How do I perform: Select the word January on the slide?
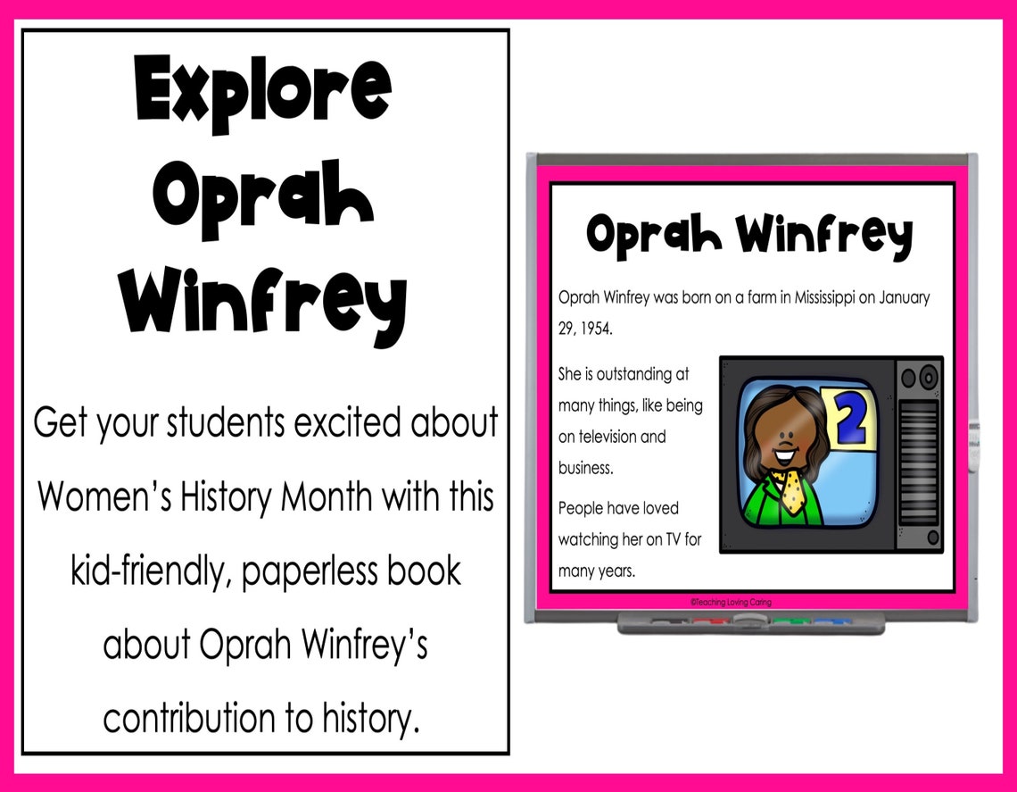point(905,297)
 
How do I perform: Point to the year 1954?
point(597,329)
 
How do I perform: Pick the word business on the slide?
point(584,468)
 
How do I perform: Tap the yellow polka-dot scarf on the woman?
point(790,491)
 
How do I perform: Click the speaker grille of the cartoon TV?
point(919,460)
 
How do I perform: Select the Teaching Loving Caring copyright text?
point(731,603)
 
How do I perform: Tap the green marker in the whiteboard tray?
point(785,621)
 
